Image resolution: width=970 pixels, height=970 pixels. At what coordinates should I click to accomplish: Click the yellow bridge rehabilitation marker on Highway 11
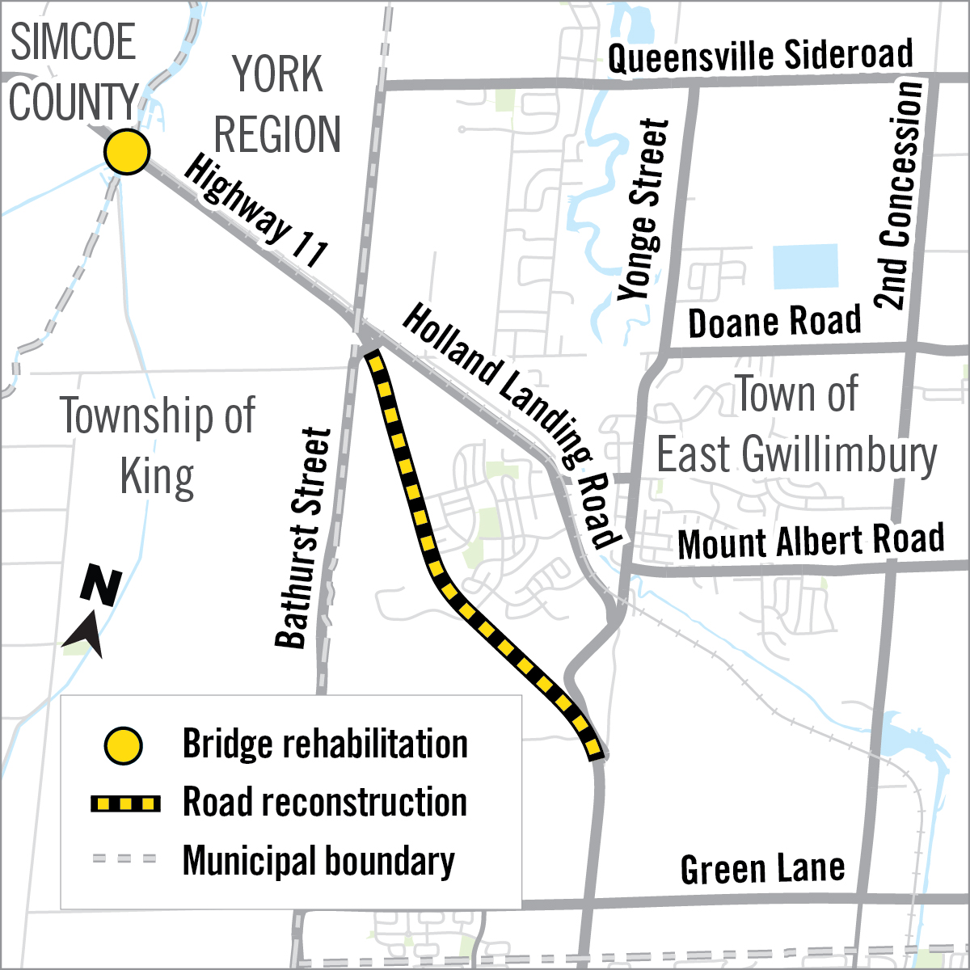tap(127, 152)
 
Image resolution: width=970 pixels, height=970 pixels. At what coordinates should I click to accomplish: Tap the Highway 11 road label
tap(255, 212)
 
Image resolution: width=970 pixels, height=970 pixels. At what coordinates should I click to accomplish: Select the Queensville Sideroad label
tap(761, 57)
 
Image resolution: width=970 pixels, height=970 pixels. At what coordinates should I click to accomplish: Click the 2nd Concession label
tap(899, 195)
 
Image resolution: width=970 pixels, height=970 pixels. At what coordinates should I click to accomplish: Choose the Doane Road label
tap(774, 322)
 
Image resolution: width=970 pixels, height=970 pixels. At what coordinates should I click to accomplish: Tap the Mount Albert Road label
tap(811, 542)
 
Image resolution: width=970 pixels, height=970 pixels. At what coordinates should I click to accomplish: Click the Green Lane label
tap(762, 870)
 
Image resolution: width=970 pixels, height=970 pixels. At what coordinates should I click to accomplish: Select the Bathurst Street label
tap(303, 538)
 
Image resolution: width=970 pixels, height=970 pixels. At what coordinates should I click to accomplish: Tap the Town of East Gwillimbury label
tap(796, 425)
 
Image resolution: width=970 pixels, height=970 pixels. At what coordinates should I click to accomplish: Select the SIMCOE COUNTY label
tap(73, 73)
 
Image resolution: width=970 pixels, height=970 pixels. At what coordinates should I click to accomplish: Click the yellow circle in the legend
tap(124, 745)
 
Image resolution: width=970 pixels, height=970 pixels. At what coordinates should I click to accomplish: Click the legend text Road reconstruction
tap(325, 803)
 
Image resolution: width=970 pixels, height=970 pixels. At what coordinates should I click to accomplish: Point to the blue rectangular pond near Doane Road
tap(805, 267)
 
